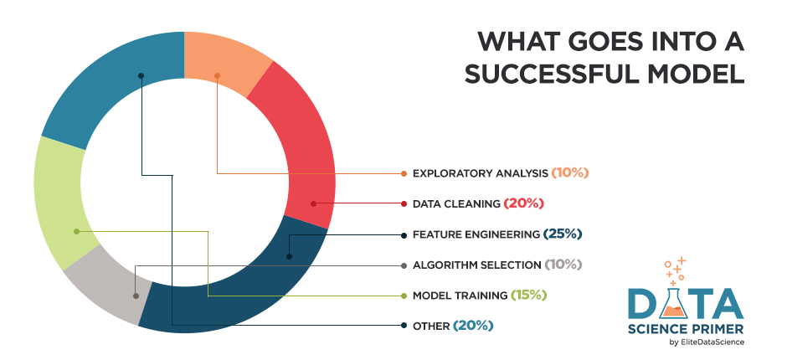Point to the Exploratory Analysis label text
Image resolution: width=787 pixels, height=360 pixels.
[x=480, y=173]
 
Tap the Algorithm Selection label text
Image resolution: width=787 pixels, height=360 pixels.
[x=476, y=265]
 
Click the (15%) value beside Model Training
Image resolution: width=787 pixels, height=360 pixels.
[x=533, y=295]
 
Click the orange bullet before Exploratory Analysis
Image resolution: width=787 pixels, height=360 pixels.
[x=404, y=173]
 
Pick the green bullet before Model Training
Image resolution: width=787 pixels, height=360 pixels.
[x=404, y=295]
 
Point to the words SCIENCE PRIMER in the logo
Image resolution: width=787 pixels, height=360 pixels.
[x=686, y=327]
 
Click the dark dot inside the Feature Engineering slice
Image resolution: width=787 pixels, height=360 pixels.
[x=289, y=257]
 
